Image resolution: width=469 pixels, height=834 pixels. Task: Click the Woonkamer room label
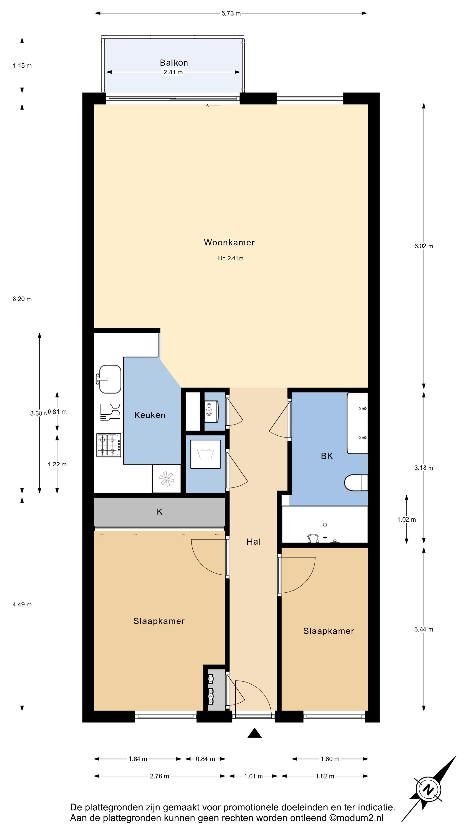pyautogui.click(x=229, y=243)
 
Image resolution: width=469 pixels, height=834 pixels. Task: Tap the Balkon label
pyautogui.click(x=174, y=63)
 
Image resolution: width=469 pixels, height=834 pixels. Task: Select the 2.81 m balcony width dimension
pyautogui.click(x=173, y=72)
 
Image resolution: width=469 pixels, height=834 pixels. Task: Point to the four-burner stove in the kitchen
pyautogui.click(x=109, y=445)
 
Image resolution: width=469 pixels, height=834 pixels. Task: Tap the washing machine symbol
pyautogui.click(x=205, y=454)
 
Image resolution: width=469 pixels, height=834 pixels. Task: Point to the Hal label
pyautogui.click(x=253, y=542)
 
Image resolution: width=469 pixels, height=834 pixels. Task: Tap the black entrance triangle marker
pyautogui.click(x=254, y=733)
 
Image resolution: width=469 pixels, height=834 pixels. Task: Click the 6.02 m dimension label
pyautogui.click(x=424, y=246)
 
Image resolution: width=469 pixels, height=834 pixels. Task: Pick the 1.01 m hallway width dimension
pyautogui.click(x=253, y=776)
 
